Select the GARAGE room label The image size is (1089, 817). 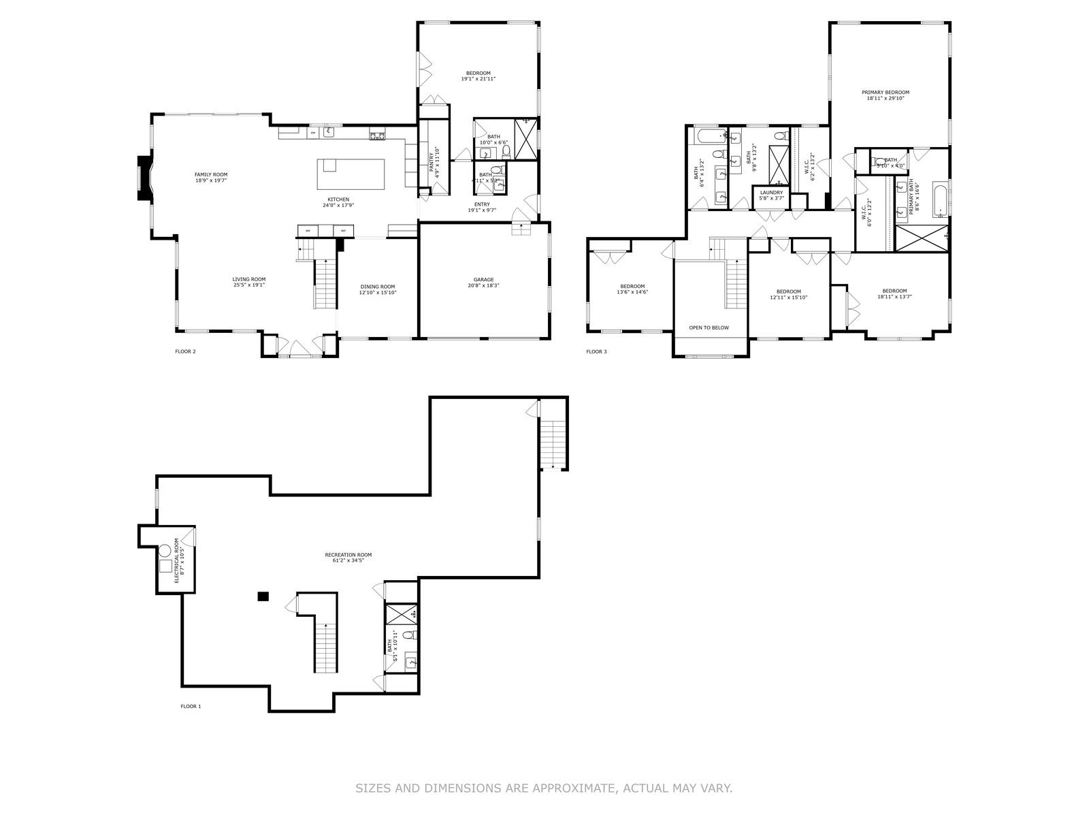coord(484,280)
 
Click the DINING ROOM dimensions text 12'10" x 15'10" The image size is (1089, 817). coord(378,293)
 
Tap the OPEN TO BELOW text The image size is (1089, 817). coord(709,327)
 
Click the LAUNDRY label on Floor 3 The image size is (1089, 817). coord(771,193)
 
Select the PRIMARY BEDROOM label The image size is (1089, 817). coord(885,93)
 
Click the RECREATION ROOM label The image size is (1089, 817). coord(348,555)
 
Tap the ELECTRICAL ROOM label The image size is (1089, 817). coord(176,560)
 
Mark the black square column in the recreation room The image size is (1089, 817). coord(263,596)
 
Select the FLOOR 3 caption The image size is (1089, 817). coord(596,352)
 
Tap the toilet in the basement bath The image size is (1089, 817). coord(408,636)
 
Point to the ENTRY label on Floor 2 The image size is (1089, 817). coord(482,204)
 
